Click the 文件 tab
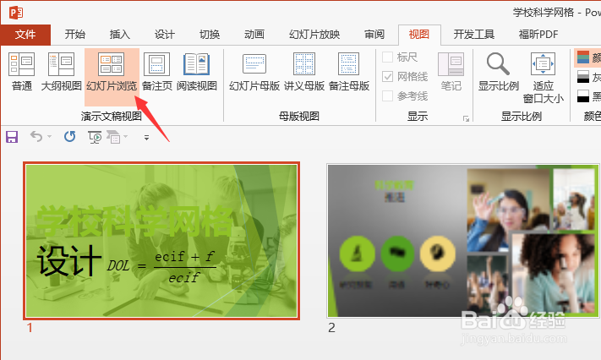pyautogui.click(x=25, y=35)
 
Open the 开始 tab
pyautogui.click(x=74, y=35)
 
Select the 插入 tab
pyautogui.click(x=120, y=35)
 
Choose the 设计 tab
pyautogui.click(x=165, y=35)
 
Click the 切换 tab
pyautogui.click(x=210, y=35)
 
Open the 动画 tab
pyautogui.click(x=254, y=35)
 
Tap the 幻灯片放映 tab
pyautogui.click(x=314, y=35)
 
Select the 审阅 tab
pyautogui.click(x=374, y=35)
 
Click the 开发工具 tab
pyautogui.click(x=473, y=35)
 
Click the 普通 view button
pyautogui.click(x=22, y=71)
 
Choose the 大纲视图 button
pyautogui.click(x=62, y=71)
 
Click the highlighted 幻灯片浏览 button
pyautogui.click(x=112, y=71)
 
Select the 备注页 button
pyautogui.click(x=157, y=71)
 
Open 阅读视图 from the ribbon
pyautogui.click(x=197, y=71)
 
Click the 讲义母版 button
pyautogui.click(x=303, y=71)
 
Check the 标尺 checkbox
pyautogui.click(x=388, y=57)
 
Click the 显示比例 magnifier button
pyautogui.click(x=499, y=71)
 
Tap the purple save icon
pyautogui.click(x=12, y=136)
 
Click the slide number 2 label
pyautogui.click(x=331, y=328)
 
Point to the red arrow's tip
pyautogui.click(x=136, y=97)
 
